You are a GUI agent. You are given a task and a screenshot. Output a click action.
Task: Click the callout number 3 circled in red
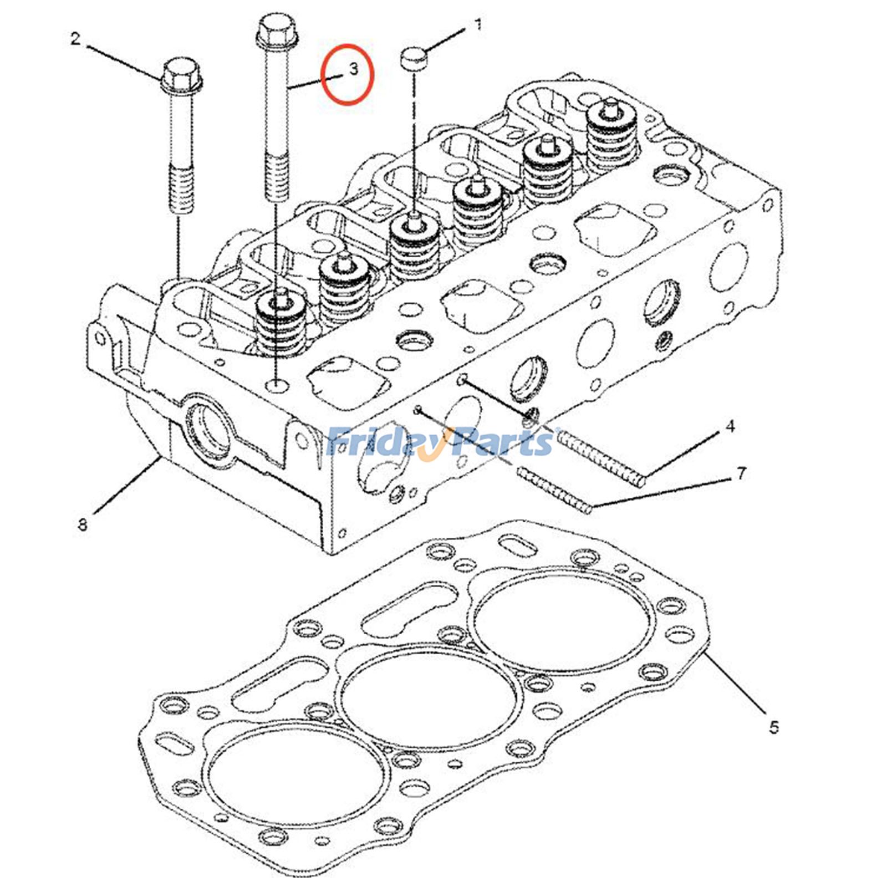353,70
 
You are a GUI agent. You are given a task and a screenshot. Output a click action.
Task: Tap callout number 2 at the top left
75,39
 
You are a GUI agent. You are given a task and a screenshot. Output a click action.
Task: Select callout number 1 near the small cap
477,24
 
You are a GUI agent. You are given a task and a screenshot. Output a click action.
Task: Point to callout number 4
730,426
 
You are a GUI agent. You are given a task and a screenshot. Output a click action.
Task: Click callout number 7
741,473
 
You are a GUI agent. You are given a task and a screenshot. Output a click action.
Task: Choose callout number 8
83,524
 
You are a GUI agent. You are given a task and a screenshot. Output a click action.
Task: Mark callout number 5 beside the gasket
774,726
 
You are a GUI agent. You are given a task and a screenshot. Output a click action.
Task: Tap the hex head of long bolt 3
277,30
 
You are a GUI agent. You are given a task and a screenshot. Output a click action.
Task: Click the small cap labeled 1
413,58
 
